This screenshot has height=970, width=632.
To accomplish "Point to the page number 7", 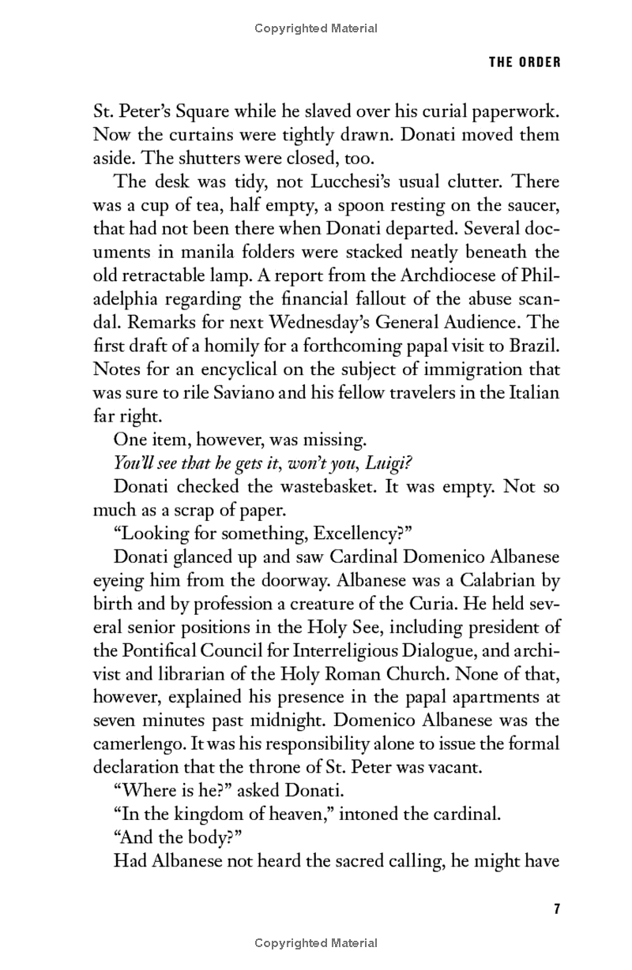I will pos(556,908).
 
